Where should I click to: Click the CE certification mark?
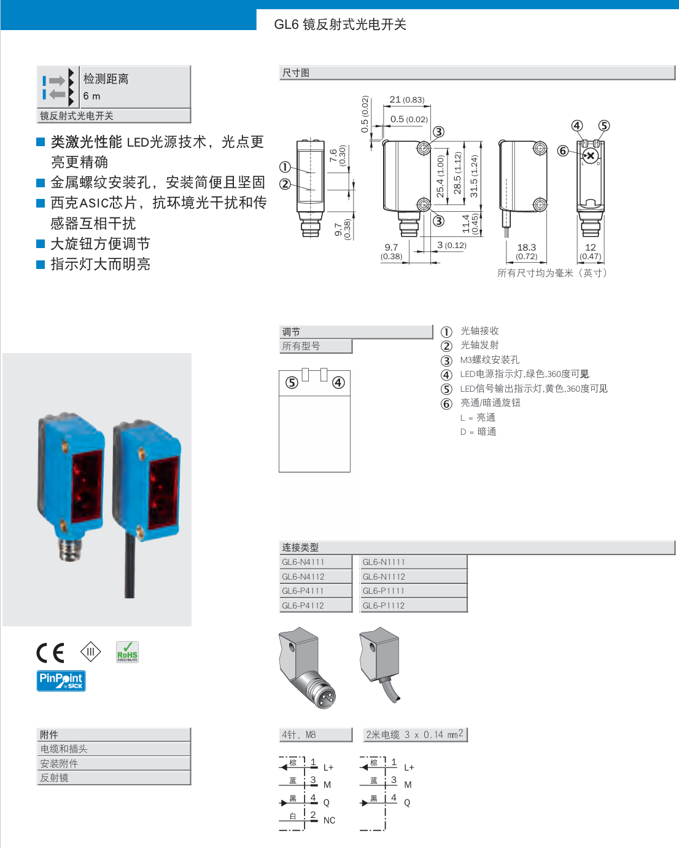point(50,652)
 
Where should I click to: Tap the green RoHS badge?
point(127,652)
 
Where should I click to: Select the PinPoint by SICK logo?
point(61,680)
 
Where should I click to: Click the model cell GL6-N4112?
point(303,577)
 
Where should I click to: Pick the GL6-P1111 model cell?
point(384,591)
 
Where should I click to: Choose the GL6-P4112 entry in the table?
point(303,605)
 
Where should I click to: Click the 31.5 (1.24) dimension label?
point(473,176)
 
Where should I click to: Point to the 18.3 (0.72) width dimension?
point(526,251)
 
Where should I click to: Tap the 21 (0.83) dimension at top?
point(406,99)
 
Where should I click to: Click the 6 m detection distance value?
point(92,96)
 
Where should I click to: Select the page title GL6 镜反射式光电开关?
point(340,25)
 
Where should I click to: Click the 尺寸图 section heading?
point(296,73)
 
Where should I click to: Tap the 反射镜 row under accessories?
point(55,778)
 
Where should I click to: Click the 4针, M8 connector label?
point(299,734)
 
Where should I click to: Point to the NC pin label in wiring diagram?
point(329,820)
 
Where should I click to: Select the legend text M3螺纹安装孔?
point(490,360)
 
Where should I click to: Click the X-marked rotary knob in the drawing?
point(589,156)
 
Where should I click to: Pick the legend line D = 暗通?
point(478,432)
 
